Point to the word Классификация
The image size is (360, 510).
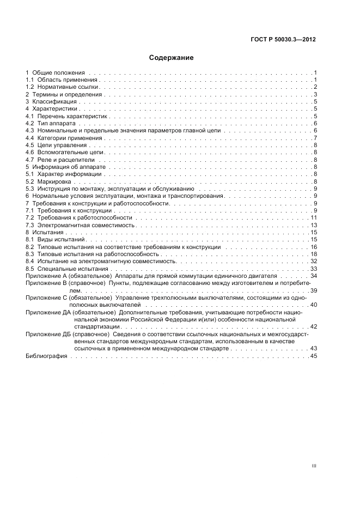[54, 102]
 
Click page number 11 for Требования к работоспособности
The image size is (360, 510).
[314, 218]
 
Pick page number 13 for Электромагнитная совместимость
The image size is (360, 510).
[314, 225]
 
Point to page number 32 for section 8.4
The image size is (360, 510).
[314, 262]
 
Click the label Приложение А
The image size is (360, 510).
[46, 276]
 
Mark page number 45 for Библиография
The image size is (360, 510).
[314, 356]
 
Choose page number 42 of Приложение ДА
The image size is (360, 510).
[314, 326]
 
